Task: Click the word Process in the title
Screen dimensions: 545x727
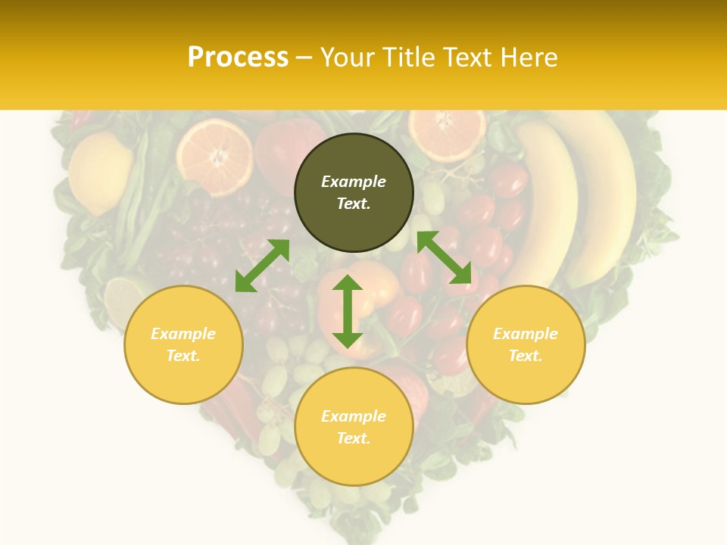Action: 238,58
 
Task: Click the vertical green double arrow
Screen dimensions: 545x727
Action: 348,311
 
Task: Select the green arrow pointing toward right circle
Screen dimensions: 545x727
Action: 445,257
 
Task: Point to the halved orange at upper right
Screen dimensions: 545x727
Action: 447,132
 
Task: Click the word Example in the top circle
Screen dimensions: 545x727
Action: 354,182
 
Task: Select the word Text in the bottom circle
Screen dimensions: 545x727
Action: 354,438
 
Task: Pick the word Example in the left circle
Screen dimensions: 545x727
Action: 183,334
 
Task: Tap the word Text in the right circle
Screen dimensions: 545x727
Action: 526,356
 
